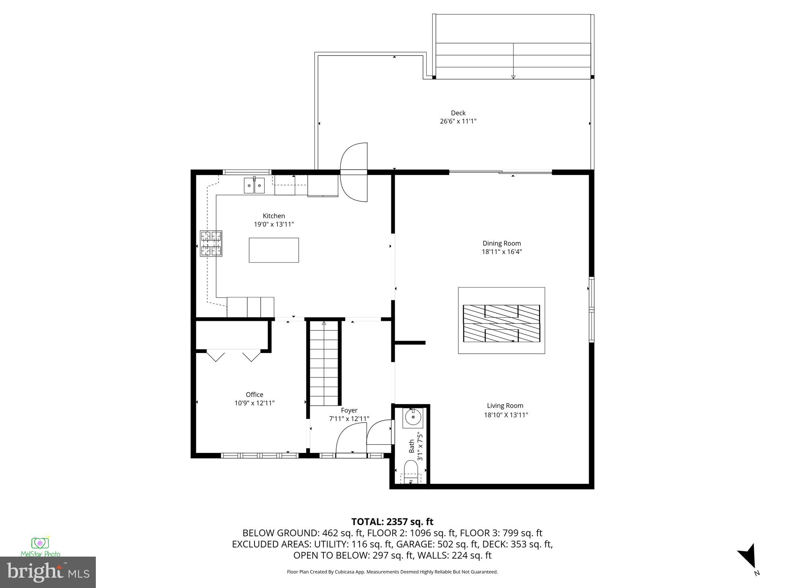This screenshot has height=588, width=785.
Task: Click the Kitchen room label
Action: pos(274,216)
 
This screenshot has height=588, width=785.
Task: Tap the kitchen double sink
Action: pos(255,186)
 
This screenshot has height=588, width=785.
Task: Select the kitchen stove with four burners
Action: pos(211,243)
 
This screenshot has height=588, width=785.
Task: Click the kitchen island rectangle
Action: pos(274,250)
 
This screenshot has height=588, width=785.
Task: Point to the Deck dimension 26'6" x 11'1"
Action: pos(458,121)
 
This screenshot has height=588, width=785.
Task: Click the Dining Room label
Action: pos(501,243)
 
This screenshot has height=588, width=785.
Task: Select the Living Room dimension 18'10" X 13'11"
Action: pos(506,415)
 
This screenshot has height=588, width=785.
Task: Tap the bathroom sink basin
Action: pos(413,418)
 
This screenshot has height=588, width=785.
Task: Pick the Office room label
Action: pos(255,395)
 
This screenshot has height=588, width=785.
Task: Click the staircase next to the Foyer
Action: pos(324,364)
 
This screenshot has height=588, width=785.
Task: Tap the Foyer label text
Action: pos(349,410)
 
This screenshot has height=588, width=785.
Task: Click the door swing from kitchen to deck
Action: pos(354,172)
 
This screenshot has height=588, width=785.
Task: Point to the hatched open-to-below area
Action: pos(501,323)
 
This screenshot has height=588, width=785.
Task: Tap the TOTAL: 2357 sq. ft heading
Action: pos(392,522)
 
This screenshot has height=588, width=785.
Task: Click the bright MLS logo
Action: pos(48,572)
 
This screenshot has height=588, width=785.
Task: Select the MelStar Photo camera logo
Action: pos(40,544)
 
